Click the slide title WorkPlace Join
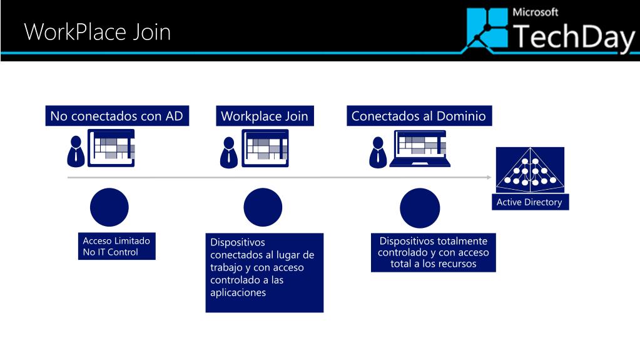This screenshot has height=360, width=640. point(97,31)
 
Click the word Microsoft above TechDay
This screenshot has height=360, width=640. point(535,12)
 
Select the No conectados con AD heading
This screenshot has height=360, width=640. point(117,116)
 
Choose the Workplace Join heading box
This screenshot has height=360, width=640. point(265,116)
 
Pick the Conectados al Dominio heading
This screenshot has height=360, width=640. point(419,116)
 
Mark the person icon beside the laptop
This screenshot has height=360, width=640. point(377,152)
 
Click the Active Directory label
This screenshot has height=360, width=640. point(529,202)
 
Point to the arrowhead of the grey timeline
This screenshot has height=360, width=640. point(489,178)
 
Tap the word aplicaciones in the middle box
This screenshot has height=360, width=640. point(238,292)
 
